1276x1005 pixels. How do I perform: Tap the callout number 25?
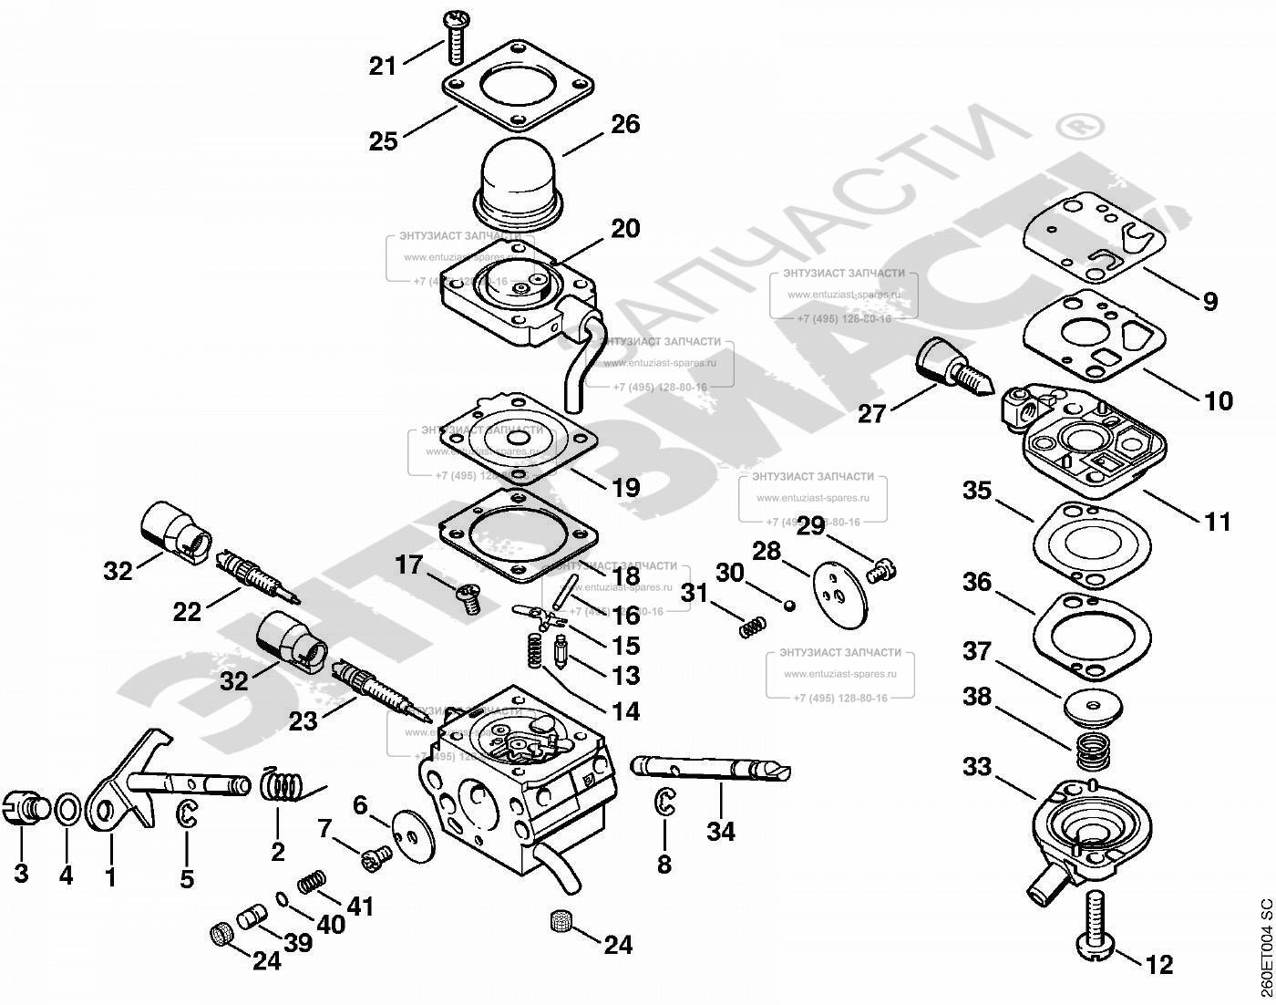point(384,141)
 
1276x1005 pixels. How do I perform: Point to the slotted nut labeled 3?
point(27,808)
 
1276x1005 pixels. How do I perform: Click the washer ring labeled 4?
point(67,810)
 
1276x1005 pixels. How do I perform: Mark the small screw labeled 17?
point(468,599)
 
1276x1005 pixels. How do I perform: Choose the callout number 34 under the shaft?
point(721,832)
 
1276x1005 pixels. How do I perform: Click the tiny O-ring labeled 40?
point(283,900)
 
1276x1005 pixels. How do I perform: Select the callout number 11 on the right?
point(1218,522)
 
